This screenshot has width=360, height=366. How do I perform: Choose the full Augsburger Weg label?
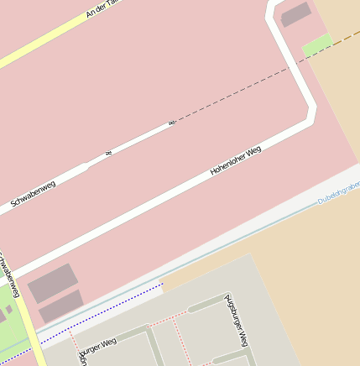pyautogui.click(x=237, y=321)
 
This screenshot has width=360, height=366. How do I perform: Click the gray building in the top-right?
pyautogui.click(x=295, y=14)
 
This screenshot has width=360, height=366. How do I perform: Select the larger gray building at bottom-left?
pyautogui.click(x=52, y=282)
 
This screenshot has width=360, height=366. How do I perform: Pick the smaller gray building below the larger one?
pyautogui.click(x=60, y=306)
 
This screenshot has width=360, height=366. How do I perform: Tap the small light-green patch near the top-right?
pyautogui.click(x=317, y=45)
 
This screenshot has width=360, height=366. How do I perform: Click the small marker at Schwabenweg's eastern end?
pyautogui.click(x=172, y=123)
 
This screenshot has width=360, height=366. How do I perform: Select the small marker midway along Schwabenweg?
pyautogui.click(x=108, y=154)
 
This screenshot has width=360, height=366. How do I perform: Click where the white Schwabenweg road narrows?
pyautogui.click(x=88, y=165)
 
